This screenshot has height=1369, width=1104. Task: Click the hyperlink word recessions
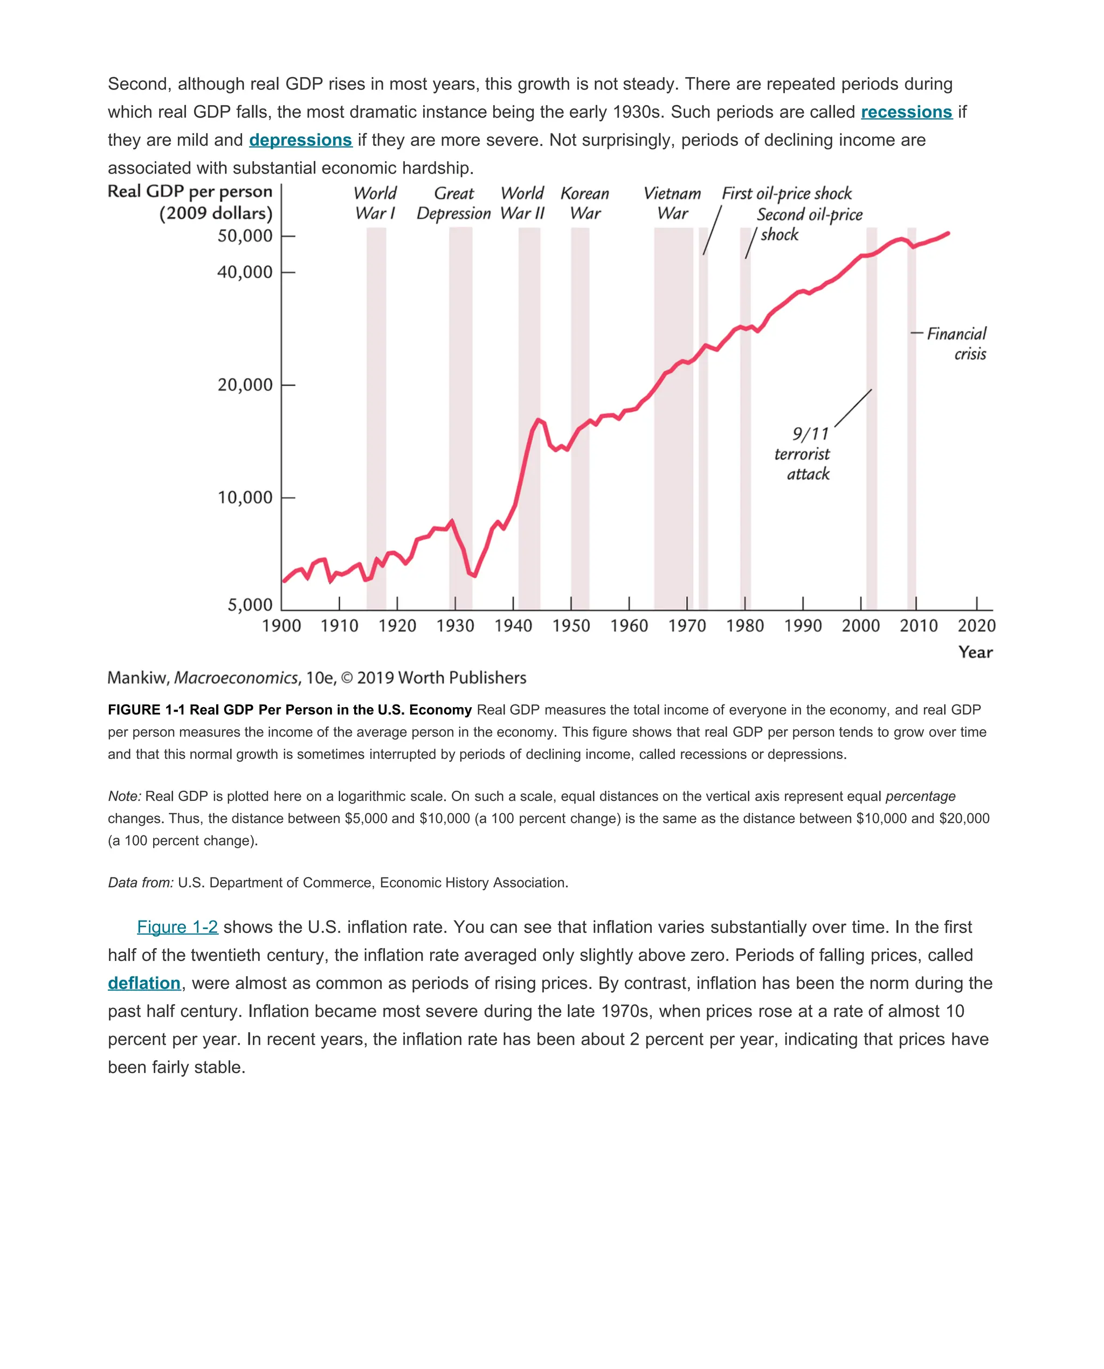coord(906,112)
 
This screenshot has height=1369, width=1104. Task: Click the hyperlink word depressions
coord(300,140)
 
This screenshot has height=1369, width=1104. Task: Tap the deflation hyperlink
coord(144,983)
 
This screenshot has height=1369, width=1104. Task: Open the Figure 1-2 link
coord(177,927)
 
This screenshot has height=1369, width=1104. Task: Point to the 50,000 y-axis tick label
coord(245,236)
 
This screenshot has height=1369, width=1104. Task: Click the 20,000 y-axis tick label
coord(245,385)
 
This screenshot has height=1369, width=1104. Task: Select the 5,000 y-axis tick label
coord(250,605)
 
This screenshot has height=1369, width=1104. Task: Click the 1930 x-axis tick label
coord(456,626)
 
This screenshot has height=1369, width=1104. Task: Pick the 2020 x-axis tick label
coord(976,626)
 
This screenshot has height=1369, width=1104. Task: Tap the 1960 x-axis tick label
coord(629,626)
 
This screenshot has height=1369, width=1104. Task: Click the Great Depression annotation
coord(453,204)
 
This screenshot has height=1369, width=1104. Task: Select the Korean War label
coord(584,204)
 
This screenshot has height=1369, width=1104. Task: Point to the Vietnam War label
coord(672,204)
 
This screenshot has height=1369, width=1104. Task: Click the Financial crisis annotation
coord(956,343)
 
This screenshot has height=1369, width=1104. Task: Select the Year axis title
coord(975,652)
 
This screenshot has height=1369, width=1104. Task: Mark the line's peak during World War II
coord(539,420)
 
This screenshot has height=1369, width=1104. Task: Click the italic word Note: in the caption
coord(125,796)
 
